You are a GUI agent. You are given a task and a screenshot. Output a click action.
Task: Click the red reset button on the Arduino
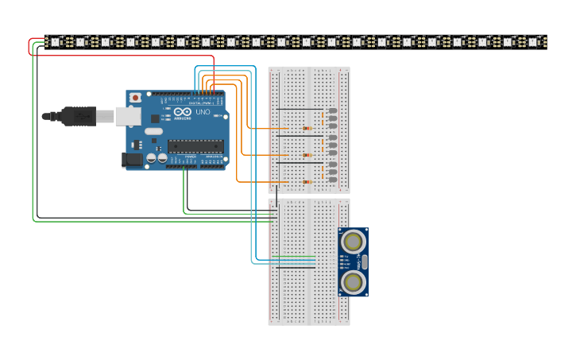click(x=135, y=97)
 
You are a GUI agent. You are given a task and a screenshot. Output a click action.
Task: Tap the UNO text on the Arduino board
click(x=203, y=112)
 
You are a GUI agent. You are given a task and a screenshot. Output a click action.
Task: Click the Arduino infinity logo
click(x=183, y=112)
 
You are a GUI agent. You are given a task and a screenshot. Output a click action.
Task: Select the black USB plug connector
click(x=79, y=116)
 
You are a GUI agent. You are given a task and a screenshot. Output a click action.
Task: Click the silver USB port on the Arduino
click(x=127, y=116)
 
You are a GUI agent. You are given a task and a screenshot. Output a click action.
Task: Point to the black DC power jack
click(x=132, y=160)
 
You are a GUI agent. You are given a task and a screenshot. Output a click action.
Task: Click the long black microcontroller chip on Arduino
click(x=195, y=145)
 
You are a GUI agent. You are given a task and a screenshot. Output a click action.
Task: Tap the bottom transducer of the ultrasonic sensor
click(x=353, y=281)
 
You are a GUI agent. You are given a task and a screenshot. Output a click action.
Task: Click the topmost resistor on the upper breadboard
click(x=307, y=128)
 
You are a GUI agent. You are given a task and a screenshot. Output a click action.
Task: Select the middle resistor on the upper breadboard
click(x=307, y=155)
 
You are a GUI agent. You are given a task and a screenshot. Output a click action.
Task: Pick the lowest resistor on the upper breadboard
click(x=307, y=182)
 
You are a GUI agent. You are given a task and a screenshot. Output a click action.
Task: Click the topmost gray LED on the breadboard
click(x=332, y=111)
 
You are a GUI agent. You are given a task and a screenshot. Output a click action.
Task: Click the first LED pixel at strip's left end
click(x=56, y=41)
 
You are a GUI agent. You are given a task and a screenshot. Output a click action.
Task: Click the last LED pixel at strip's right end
click(x=533, y=41)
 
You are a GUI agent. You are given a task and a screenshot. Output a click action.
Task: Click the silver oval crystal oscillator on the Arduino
click(x=153, y=131)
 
